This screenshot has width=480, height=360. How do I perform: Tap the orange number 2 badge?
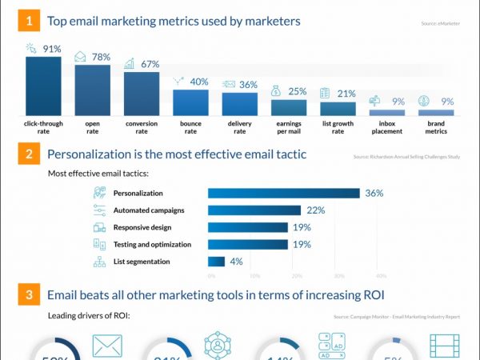(28, 154)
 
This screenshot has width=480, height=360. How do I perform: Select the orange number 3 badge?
(28, 294)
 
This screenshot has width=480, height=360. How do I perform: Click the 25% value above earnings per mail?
(298, 91)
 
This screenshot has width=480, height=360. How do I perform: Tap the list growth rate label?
(338, 128)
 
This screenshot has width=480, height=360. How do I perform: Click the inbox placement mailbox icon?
(374, 102)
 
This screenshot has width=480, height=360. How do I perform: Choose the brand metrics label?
(435, 128)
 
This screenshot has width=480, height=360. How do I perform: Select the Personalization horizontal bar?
(283, 193)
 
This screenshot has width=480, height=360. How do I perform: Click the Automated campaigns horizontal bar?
(254, 210)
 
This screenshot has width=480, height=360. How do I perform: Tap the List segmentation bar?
(216, 262)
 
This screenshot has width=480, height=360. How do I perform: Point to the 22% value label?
(315, 210)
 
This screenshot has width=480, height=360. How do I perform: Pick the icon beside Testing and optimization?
(99, 244)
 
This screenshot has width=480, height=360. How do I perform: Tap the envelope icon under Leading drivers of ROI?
(107, 346)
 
